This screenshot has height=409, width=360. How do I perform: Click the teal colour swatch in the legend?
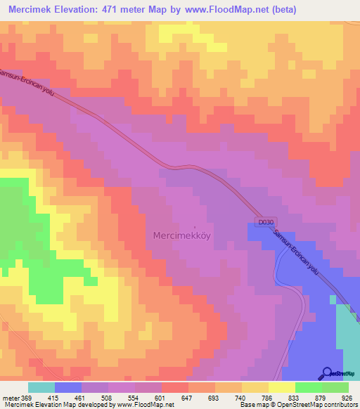click(x=41, y=387)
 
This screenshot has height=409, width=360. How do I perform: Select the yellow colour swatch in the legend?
click(x=281, y=387)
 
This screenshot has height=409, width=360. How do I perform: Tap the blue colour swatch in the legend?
click(x=68, y=387)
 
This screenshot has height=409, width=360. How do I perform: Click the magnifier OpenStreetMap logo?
click(x=328, y=373)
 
